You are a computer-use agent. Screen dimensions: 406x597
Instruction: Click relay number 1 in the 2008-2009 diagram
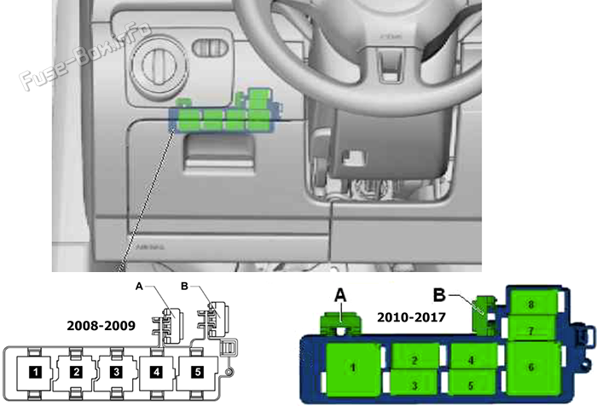point(34,372)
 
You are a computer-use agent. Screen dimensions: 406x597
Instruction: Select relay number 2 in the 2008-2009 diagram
point(76,372)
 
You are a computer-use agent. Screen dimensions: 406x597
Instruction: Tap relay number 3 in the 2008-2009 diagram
point(117,372)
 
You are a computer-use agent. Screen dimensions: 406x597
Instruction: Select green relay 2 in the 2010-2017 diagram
point(413,360)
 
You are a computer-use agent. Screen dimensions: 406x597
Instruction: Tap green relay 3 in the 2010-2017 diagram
point(413,386)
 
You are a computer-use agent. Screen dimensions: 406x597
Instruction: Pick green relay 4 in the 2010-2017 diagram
point(470,359)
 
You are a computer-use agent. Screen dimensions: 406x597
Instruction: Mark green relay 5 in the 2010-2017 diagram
point(470,385)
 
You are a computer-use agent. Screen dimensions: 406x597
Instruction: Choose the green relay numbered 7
point(530,329)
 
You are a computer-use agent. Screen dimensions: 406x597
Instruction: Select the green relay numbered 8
point(530,304)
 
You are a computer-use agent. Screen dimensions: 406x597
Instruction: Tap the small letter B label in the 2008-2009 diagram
point(184,287)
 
